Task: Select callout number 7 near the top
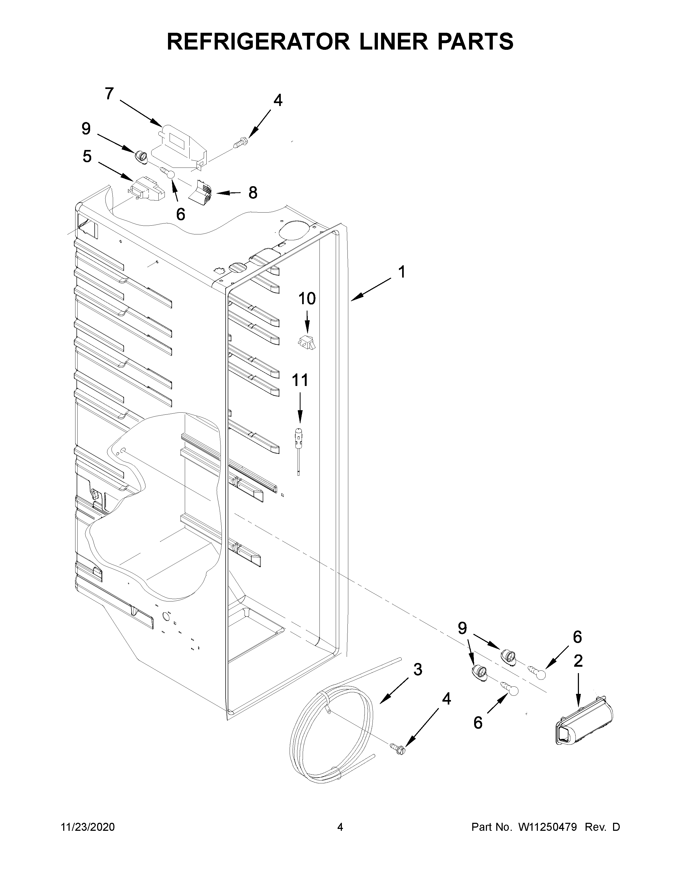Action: pyautogui.click(x=109, y=94)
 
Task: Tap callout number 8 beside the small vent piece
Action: pyautogui.click(x=253, y=193)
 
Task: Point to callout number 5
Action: pyautogui.click(x=87, y=157)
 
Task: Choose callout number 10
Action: pyautogui.click(x=307, y=299)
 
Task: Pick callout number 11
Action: pyautogui.click(x=300, y=380)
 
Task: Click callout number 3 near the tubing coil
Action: pyautogui.click(x=418, y=670)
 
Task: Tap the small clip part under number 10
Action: pyautogui.click(x=307, y=343)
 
